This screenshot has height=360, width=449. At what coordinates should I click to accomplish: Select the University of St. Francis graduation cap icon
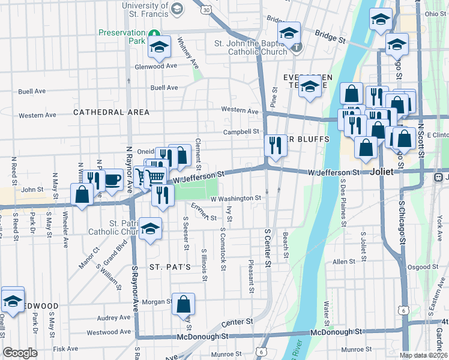tap(176, 8)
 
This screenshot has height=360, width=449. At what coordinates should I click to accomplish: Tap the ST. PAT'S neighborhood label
tap(170, 266)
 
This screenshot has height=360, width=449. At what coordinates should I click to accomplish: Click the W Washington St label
tap(235, 198)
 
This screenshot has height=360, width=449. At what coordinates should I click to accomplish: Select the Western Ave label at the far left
tap(37, 115)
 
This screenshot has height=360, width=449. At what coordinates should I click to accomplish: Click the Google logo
tap(20, 353)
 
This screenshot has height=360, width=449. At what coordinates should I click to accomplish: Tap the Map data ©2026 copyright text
tap(424, 355)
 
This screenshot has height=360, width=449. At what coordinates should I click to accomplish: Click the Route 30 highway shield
tap(206, 10)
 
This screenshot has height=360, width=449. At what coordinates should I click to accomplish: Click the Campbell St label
tap(241, 131)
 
